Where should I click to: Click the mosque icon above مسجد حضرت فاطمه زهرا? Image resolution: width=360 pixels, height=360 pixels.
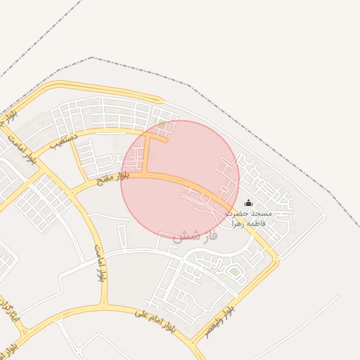click(x=248, y=203)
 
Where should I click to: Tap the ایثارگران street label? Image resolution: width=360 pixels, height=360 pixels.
click(x=11, y=309)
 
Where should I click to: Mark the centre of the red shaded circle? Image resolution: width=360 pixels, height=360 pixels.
click(x=180, y=179)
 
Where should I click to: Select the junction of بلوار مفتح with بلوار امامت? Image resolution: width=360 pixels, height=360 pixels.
click(x=71, y=191)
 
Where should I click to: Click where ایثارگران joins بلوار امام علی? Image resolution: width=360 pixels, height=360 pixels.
click(x=25, y=330)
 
